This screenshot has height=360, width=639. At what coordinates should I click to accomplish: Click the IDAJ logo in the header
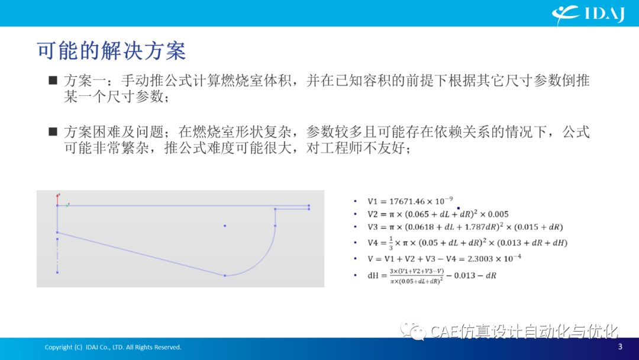point(588,15)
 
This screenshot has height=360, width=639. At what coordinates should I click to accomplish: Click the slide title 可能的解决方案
point(111,52)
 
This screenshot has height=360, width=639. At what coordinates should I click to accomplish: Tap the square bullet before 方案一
point(53,80)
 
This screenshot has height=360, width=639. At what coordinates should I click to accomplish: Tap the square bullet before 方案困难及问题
point(53,131)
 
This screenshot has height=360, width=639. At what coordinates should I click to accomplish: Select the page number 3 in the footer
point(620,346)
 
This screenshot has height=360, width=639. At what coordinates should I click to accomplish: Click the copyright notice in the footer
point(113,347)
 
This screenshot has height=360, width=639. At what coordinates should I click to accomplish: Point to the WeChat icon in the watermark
point(413,330)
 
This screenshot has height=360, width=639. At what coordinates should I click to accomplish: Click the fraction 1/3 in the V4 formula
point(391,243)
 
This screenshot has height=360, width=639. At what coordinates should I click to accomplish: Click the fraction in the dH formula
point(416,276)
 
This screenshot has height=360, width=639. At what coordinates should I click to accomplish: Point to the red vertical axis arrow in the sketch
point(57,199)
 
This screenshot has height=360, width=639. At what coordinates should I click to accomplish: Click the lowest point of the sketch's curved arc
point(225,275)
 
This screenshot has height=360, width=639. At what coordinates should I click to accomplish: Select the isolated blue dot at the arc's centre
point(225,226)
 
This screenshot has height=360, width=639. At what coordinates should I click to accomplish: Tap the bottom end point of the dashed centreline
point(57,272)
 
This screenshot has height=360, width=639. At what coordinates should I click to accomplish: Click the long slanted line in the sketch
point(141,254)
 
